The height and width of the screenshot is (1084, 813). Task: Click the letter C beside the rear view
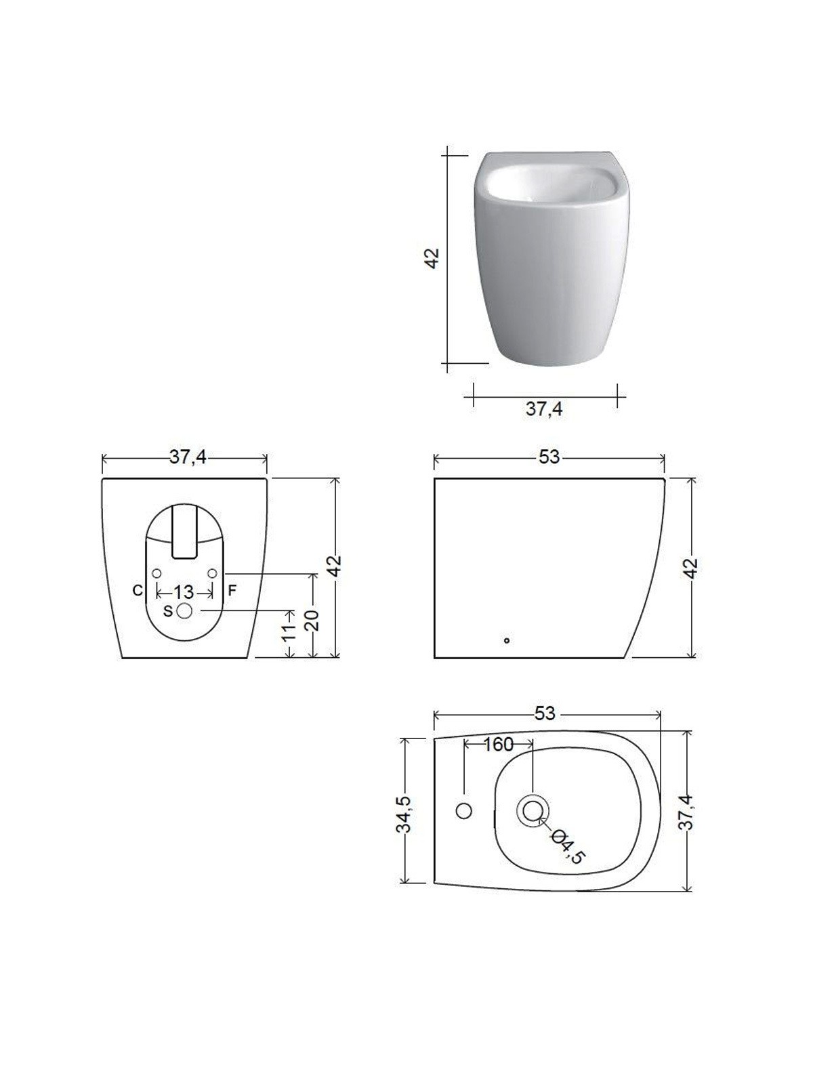pyautogui.click(x=138, y=591)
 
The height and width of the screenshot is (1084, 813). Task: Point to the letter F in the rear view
pyautogui.click(x=232, y=590)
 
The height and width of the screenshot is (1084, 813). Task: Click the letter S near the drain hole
pyautogui.click(x=168, y=611)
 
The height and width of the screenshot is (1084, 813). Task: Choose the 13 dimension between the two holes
pyautogui.click(x=184, y=591)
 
